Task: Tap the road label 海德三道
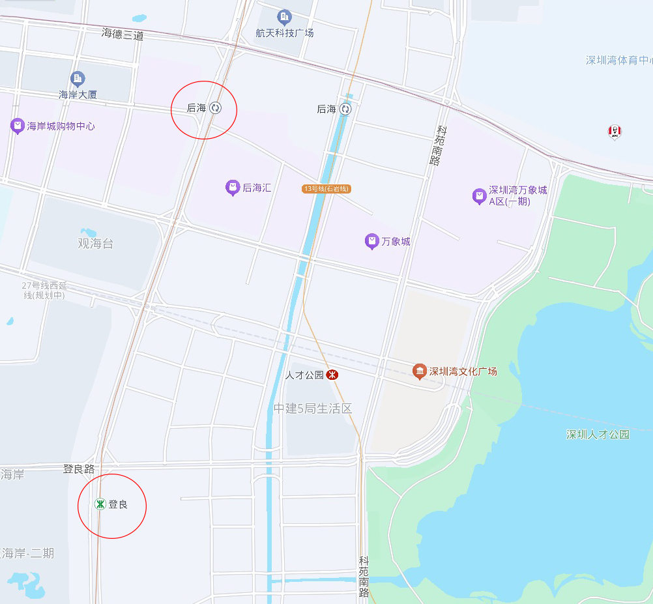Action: (x=122, y=35)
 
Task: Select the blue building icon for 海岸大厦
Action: (x=78, y=79)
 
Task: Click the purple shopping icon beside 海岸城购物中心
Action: (x=18, y=126)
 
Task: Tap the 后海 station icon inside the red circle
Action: (x=216, y=108)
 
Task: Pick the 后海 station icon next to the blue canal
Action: (x=345, y=109)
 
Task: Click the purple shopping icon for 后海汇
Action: (x=232, y=188)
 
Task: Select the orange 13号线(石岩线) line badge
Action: (x=326, y=189)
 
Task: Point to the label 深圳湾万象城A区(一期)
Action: (x=517, y=196)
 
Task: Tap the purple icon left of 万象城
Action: (x=371, y=242)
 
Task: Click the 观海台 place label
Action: (x=96, y=244)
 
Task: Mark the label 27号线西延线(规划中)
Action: (x=44, y=291)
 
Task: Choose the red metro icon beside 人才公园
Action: (x=332, y=375)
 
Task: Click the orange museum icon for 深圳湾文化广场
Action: (x=420, y=371)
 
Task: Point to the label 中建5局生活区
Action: (x=312, y=409)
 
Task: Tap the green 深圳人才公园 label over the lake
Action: (x=598, y=434)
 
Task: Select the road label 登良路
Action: (x=79, y=468)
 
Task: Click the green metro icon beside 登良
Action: (x=100, y=504)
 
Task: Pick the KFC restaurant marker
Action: (x=614, y=132)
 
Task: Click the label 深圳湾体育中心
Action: (x=618, y=60)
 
